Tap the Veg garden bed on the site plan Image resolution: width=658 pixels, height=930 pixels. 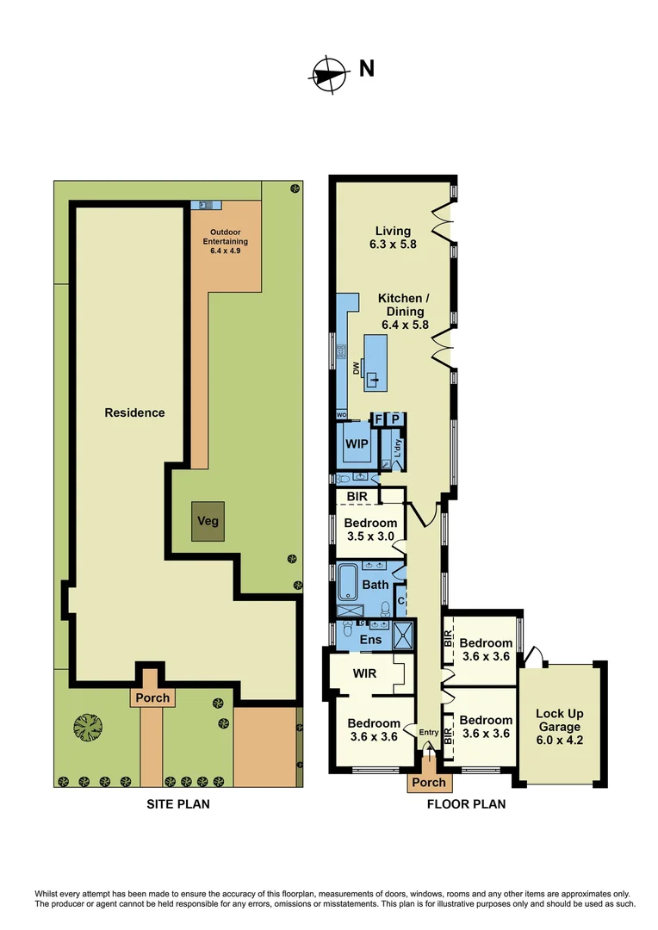[208, 521]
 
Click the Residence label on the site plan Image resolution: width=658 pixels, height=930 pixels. [134, 412]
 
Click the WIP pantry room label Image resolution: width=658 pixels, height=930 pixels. [356, 443]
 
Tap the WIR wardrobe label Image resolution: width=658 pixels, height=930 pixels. [362, 672]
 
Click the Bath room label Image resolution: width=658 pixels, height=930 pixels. [375, 585]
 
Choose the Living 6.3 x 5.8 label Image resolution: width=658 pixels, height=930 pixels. [393, 237]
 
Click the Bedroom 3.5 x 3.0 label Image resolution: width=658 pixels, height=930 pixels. [370, 529]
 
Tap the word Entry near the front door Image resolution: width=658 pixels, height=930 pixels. [428, 733]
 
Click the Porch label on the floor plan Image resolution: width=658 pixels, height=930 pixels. [428, 782]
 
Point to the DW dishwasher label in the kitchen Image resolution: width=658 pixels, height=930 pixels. [354, 368]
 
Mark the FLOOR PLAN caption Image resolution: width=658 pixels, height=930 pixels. [466, 804]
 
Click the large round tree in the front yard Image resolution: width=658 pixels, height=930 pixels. [88, 728]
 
